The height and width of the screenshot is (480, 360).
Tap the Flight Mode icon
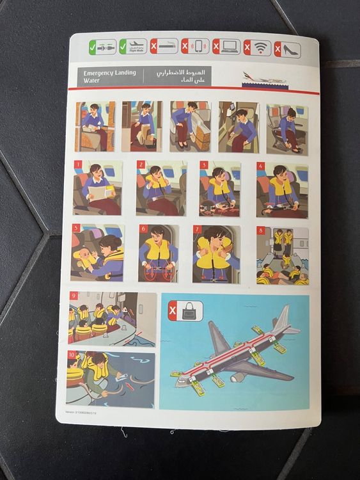click(x=133, y=47)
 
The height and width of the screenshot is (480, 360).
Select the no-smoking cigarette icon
click(x=163, y=47)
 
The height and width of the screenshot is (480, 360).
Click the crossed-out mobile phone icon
click(x=195, y=47)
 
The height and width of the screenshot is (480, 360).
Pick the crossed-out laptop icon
click(x=226, y=47)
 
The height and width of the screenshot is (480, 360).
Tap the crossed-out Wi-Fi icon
click(x=257, y=47)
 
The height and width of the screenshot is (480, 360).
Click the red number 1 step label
click(x=78, y=164)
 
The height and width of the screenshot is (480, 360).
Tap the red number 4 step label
click(x=260, y=165)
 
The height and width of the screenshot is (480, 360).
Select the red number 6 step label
click(x=143, y=229)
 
